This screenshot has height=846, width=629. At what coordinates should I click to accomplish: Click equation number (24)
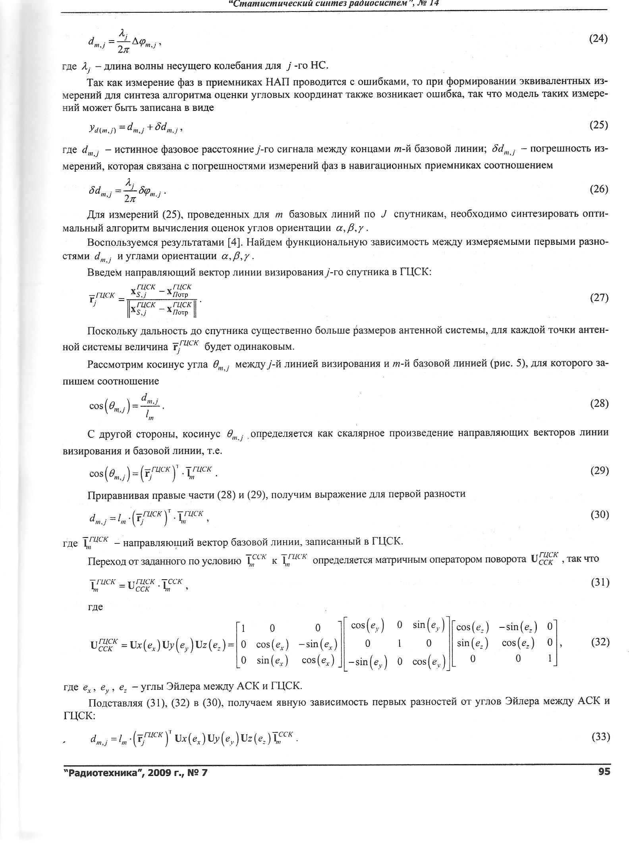[x=598, y=39]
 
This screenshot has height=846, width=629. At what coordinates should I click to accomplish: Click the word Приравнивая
[x=118, y=494]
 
